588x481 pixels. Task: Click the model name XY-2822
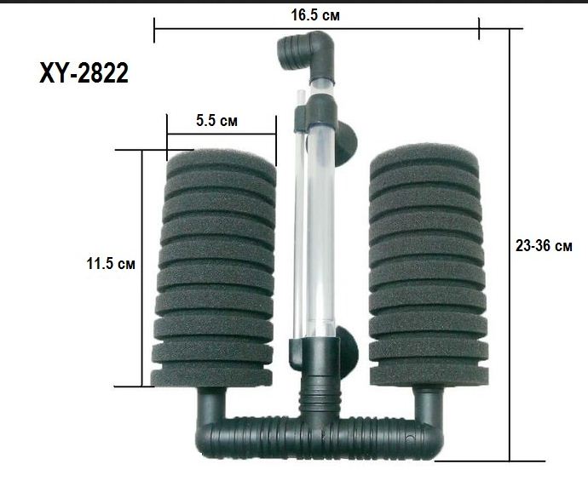[84, 73]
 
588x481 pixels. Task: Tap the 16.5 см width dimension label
[316, 15]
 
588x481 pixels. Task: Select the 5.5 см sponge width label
[216, 121]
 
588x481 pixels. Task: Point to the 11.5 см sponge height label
[111, 263]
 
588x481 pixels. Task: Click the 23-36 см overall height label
[544, 246]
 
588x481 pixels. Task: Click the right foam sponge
[429, 266]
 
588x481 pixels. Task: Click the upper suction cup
[345, 144]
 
